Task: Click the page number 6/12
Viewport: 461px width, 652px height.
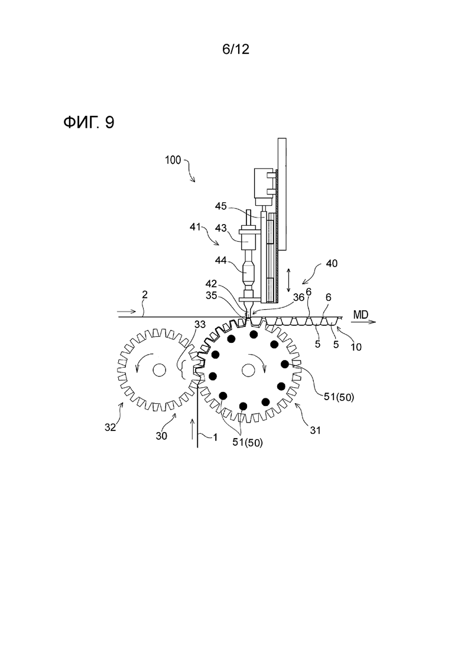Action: pyautogui.click(x=236, y=50)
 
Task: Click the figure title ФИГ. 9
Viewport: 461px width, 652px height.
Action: pyautogui.click(x=89, y=122)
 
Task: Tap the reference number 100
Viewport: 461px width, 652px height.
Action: pyautogui.click(x=173, y=160)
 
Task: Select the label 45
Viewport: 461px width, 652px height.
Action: pyautogui.click(x=220, y=206)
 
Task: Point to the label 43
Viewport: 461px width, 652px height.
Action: pyautogui.click(x=220, y=228)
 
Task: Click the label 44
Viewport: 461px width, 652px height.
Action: pyautogui.click(x=220, y=260)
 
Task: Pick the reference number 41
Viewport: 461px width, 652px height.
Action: pyautogui.click(x=196, y=227)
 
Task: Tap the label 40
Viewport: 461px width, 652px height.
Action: pyautogui.click(x=332, y=263)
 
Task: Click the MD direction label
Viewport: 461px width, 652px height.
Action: pyautogui.click(x=361, y=315)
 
